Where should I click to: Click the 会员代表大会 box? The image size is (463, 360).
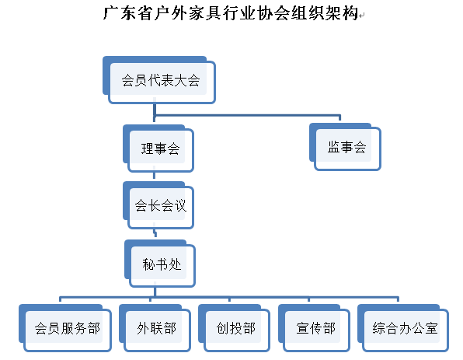pyautogui.click(x=159, y=80)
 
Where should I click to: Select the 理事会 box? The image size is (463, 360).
pyautogui.click(x=158, y=149)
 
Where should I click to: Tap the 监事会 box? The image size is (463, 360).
pyautogui.click(x=345, y=147)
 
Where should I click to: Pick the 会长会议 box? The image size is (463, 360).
pyautogui.click(x=158, y=205)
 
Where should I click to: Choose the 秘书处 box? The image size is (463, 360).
pyautogui.click(x=160, y=264)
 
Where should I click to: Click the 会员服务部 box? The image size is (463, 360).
pyautogui.click(x=65, y=328)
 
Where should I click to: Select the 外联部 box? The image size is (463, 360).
pyautogui.click(x=155, y=328)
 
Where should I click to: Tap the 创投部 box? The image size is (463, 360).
pyautogui.click(x=234, y=328)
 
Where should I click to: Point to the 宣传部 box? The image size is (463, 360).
pyautogui.click(x=314, y=328)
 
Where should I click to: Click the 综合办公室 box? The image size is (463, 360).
pyautogui.click(x=403, y=328)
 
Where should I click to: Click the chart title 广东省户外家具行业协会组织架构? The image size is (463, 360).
pyautogui.click(x=231, y=13)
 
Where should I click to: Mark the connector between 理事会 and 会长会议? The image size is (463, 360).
pyautogui.click(x=154, y=177)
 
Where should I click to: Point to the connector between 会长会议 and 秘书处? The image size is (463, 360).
pyautogui.click(x=155, y=234)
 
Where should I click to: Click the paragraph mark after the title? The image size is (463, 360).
pyautogui.click(x=362, y=15)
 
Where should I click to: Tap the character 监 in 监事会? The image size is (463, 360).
pyautogui.click(x=333, y=147)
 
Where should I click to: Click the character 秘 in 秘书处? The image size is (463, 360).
pyautogui.click(x=148, y=264)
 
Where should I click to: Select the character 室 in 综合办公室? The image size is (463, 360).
pyautogui.click(x=432, y=328)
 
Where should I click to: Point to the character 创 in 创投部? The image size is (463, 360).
pyautogui.click(x=222, y=328)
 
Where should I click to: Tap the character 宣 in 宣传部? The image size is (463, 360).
pyautogui.click(x=302, y=328)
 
